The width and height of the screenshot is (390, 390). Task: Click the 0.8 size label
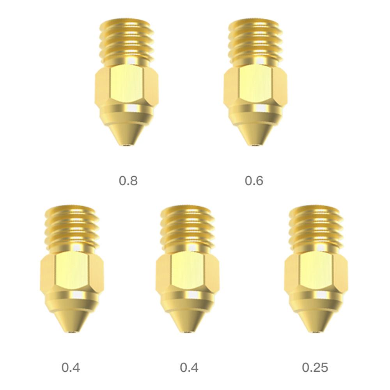pos(128,181)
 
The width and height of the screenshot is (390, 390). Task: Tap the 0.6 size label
pos(254,181)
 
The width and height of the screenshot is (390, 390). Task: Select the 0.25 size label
pos(315,367)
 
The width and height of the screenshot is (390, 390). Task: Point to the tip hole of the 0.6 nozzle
pos(255,145)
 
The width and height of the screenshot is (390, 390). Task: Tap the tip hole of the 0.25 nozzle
pos(316,332)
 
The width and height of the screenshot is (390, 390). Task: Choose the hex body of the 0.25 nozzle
pos(316,273)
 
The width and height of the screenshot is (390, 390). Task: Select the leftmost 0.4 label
pos(71,367)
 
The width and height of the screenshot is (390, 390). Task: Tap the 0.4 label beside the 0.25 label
pos(189,367)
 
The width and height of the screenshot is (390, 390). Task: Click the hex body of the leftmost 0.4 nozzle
pos(72,273)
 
